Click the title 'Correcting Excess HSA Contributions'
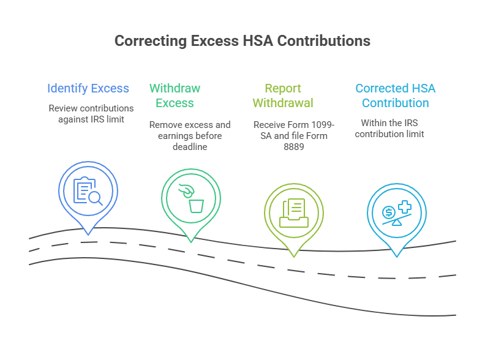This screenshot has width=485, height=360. click(242, 41)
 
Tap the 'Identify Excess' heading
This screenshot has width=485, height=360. click(88, 88)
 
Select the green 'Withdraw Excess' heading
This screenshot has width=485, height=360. click(175, 96)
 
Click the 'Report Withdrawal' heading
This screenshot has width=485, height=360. click(283, 96)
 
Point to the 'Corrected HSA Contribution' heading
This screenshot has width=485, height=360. click(396, 96)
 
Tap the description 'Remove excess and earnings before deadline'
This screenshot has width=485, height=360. click(190, 135)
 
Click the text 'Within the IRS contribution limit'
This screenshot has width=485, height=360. click(389, 128)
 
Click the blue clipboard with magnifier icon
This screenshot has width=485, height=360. click(88, 190)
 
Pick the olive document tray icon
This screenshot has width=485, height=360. click(293, 212)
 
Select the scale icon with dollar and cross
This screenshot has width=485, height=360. click(396, 213)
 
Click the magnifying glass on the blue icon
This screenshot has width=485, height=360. click(95, 197)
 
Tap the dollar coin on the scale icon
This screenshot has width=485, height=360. click(388, 212)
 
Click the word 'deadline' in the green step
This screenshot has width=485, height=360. click(190, 146)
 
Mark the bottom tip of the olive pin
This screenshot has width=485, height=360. click(294, 256)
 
